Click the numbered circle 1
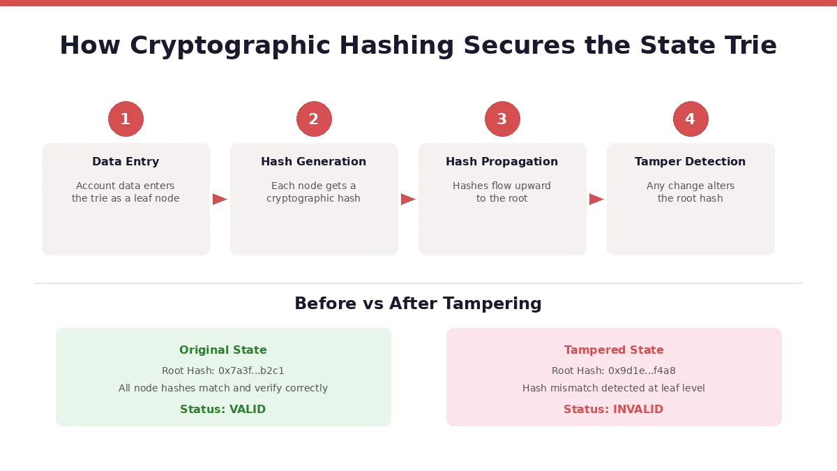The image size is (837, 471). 126,119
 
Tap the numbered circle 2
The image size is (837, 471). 314,119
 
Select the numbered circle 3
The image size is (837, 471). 502,119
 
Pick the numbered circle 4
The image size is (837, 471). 691,119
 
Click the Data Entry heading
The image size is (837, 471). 126,162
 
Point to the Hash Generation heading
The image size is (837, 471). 314,162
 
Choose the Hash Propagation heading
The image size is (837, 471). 502,162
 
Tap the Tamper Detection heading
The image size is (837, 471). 691,162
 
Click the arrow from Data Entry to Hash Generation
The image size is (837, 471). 220,200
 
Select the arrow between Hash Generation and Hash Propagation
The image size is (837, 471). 408,200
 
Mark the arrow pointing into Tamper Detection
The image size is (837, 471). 596,200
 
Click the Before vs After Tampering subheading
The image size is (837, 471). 418,304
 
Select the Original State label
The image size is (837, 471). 223,350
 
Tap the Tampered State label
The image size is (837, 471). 614,350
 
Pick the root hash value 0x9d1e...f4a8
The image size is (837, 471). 642,371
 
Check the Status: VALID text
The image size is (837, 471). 223,410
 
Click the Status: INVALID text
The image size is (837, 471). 614,410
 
